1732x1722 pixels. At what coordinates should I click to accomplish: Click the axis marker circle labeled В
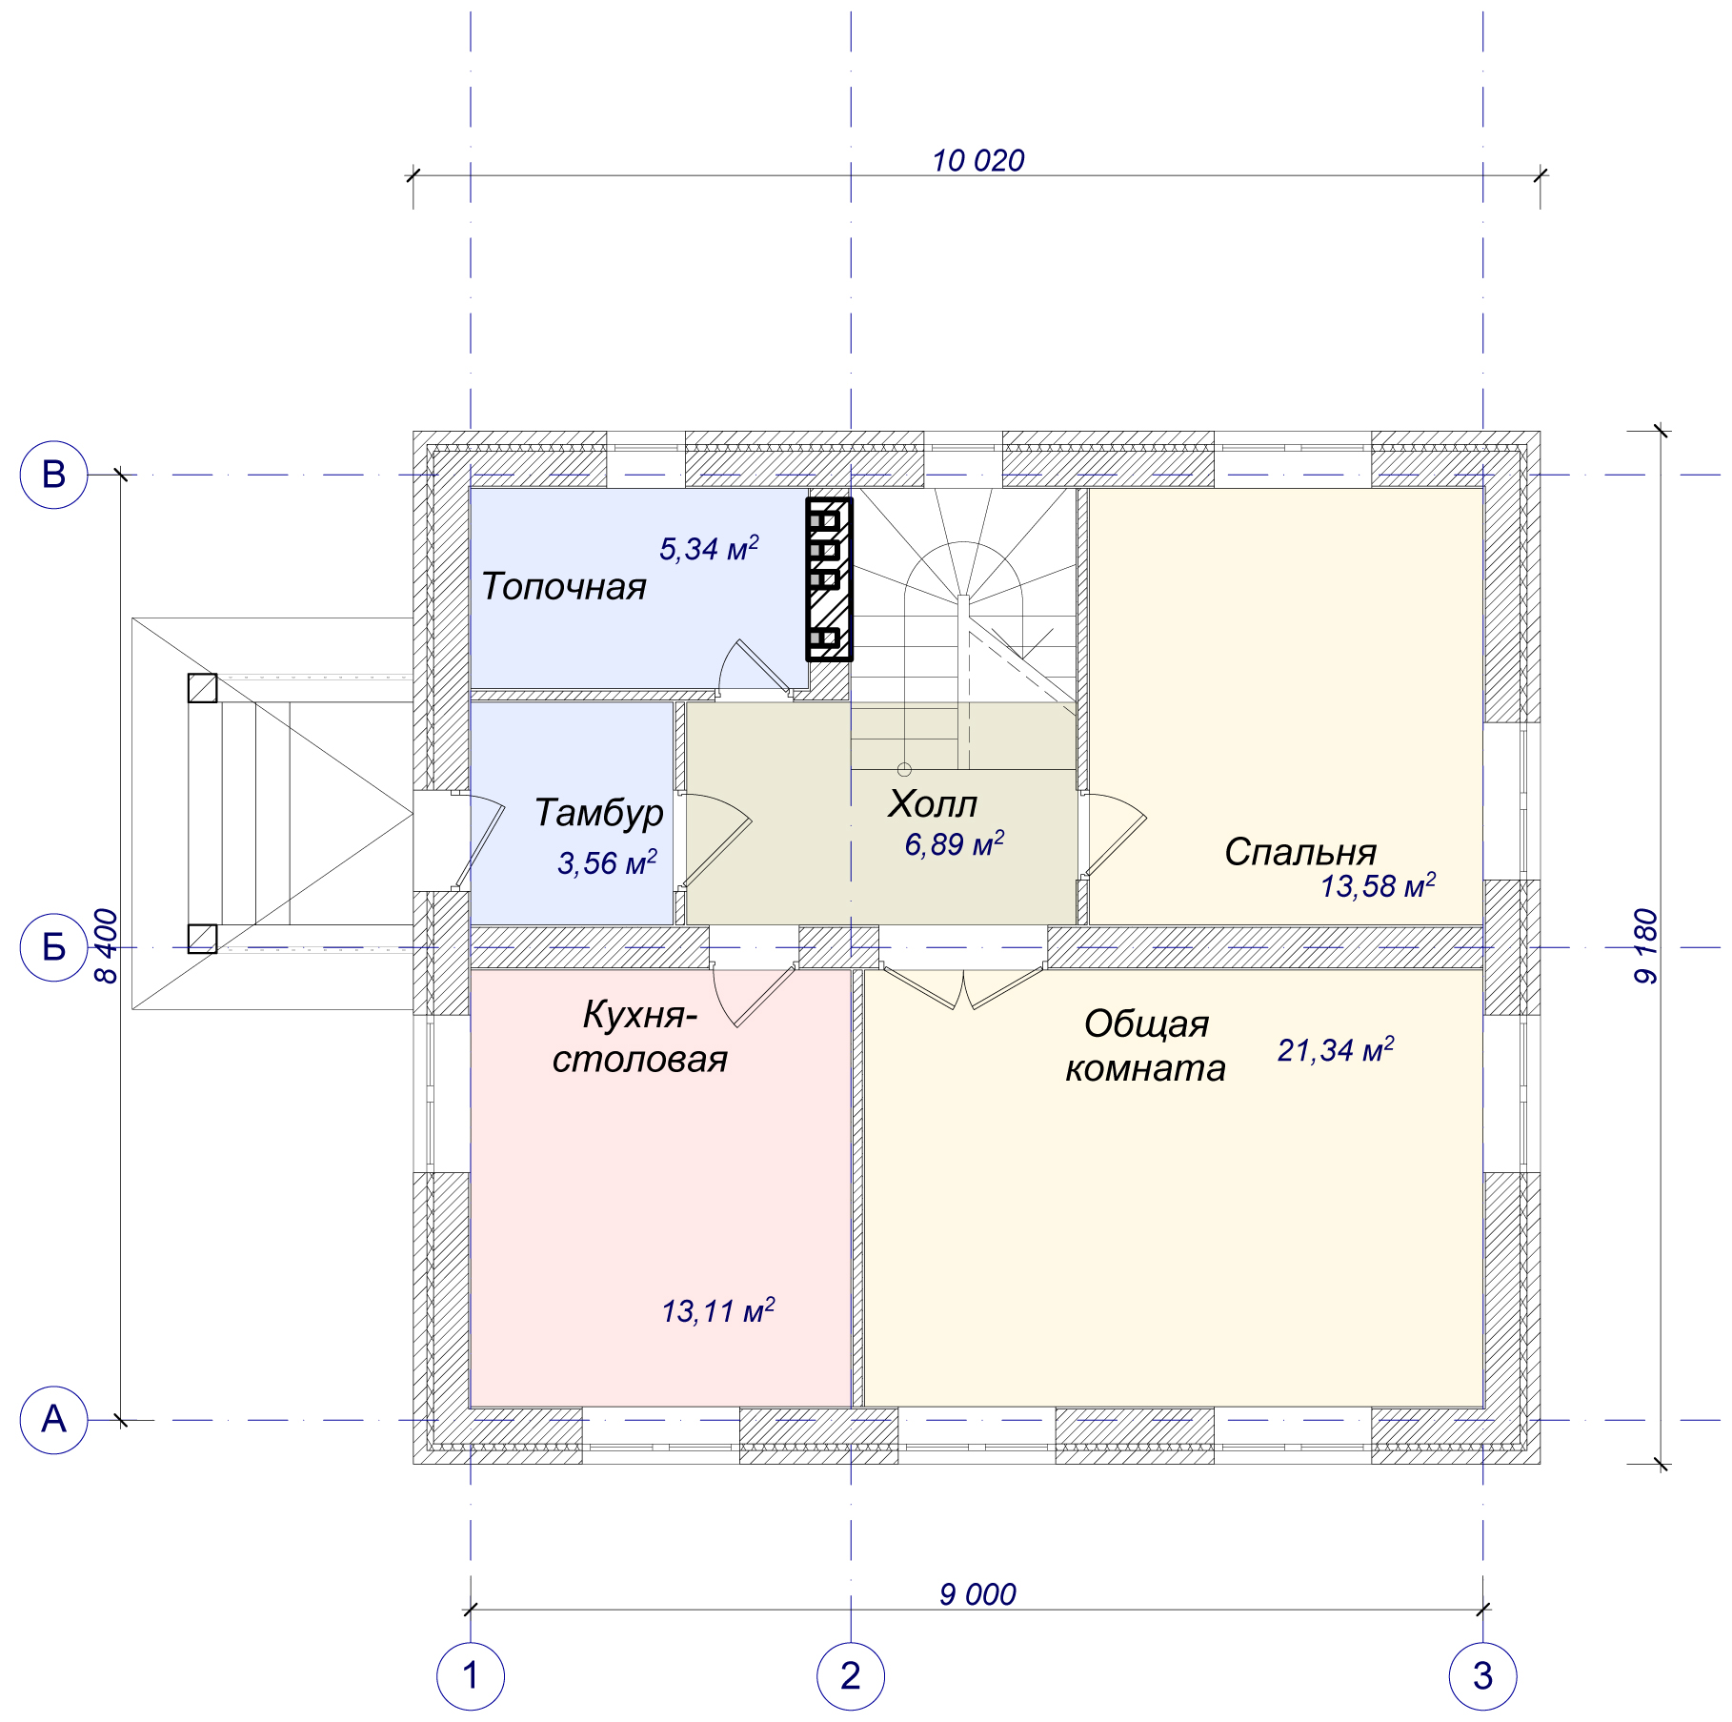tap(54, 475)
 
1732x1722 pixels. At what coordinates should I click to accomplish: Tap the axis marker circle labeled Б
tap(54, 947)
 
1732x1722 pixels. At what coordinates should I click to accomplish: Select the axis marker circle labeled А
tap(54, 1420)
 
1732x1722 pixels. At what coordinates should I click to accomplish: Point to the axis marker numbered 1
tap(471, 1676)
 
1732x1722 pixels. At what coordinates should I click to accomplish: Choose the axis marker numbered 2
tap(851, 1676)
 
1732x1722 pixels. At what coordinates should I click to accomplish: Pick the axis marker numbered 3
tap(1483, 1676)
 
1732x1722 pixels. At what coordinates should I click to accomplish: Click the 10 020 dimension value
tap(978, 161)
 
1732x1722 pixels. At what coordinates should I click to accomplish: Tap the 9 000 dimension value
tap(977, 1594)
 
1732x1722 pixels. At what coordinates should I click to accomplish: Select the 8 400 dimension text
tap(107, 946)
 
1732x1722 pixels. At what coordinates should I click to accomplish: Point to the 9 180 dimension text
tap(1646, 946)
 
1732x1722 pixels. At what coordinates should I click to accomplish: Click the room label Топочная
tap(564, 587)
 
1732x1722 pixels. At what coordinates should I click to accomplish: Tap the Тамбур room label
tap(599, 813)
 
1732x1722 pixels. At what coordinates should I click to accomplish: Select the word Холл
tap(933, 805)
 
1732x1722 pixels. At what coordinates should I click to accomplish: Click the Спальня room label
tap(1301, 852)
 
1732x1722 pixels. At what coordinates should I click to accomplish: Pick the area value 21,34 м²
tap(1336, 1049)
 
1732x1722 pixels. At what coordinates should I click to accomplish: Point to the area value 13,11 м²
tap(718, 1310)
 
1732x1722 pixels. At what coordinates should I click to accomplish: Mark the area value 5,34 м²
tap(710, 548)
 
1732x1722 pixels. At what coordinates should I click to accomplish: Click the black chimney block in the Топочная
tap(829, 579)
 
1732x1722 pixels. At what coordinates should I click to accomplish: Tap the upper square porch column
tap(202, 688)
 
